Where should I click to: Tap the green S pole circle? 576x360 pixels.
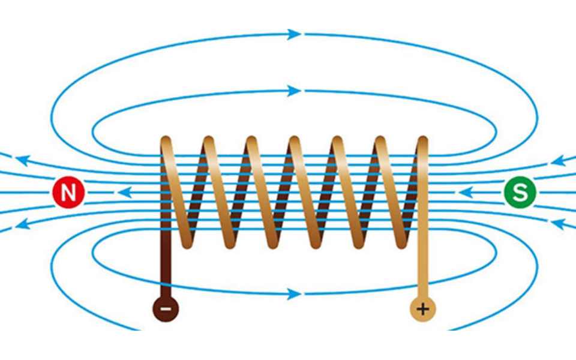click(520, 193)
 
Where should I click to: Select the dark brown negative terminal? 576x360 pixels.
click(166, 309)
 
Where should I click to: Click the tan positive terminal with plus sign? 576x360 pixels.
click(423, 309)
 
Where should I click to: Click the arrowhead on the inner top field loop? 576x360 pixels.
click(294, 91)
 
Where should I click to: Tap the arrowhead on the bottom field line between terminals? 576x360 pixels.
click(294, 294)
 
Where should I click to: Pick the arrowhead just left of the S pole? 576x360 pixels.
click(465, 193)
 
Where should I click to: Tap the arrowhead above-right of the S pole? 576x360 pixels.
click(559, 161)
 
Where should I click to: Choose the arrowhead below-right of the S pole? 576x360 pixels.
click(559, 224)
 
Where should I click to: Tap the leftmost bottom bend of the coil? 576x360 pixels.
click(187, 241)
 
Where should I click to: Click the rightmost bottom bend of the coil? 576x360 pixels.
click(401, 241)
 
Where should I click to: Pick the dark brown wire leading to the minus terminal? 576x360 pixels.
click(166, 270)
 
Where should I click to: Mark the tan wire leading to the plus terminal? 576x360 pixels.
click(423, 270)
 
